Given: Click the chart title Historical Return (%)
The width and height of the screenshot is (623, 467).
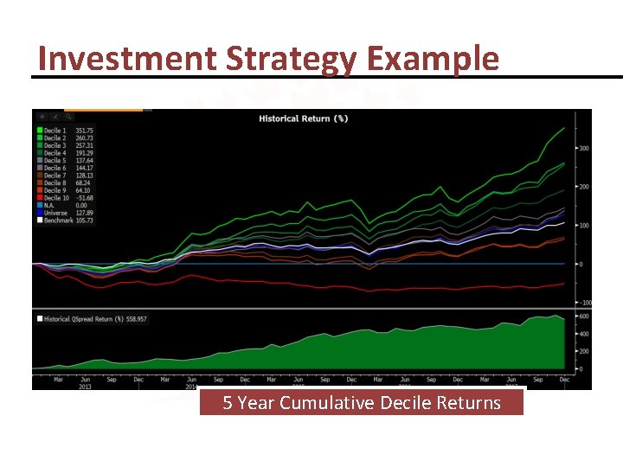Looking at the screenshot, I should [303, 118].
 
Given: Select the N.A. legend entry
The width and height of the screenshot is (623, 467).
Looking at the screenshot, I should [51, 205].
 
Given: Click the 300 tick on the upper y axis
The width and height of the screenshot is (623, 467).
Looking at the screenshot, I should [583, 149].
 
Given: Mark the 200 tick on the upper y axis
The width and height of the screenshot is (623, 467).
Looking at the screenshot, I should [583, 187].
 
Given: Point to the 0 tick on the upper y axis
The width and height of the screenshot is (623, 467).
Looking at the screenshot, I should [580, 264].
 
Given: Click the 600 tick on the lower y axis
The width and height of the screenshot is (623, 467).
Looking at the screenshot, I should [583, 316].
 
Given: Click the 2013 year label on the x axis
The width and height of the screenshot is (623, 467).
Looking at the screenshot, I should [86, 387].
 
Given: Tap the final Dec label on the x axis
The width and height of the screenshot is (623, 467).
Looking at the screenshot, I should [563, 380].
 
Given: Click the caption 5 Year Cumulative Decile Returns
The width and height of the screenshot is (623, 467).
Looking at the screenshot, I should [362, 403].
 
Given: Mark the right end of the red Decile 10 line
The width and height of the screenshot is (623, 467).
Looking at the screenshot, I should [564, 283].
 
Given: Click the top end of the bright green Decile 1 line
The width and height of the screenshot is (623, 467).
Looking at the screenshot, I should [564, 128].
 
